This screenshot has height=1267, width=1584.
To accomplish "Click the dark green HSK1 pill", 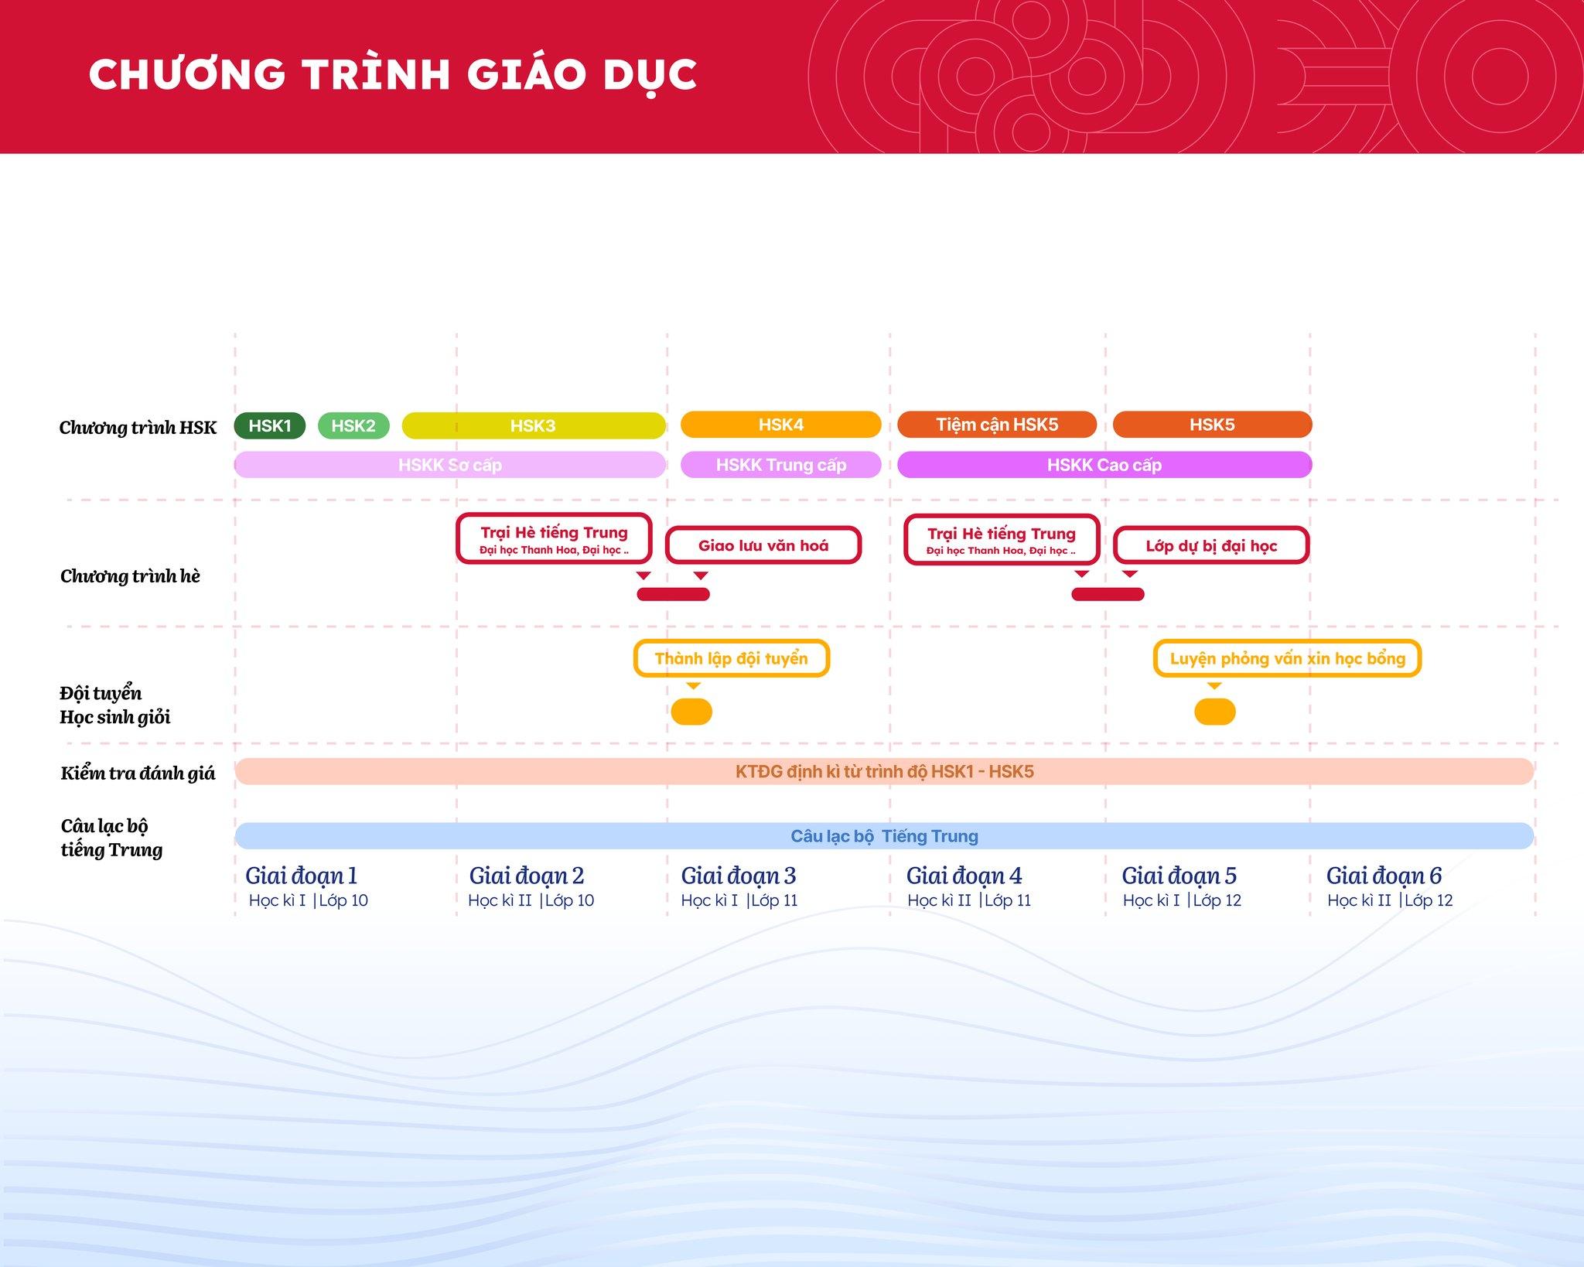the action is click(x=270, y=425).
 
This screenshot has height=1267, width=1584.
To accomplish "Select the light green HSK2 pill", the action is click(x=353, y=425).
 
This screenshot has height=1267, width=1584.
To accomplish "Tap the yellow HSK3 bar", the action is click(x=534, y=425).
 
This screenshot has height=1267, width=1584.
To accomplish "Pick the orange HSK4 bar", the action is click(x=781, y=425).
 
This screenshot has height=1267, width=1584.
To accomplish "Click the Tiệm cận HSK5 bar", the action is click(x=997, y=425).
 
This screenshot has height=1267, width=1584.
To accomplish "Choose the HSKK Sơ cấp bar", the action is click(x=450, y=465).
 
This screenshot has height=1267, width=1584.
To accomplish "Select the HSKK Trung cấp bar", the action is click(x=781, y=465).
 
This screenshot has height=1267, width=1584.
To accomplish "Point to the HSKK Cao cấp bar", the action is click(x=1104, y=465).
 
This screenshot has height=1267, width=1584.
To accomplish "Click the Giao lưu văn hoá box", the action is click(x=763, y=545).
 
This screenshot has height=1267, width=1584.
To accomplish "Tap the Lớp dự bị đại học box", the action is click(x=1211, y=545).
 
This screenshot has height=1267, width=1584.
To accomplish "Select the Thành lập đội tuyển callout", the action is click(x=732, y=658).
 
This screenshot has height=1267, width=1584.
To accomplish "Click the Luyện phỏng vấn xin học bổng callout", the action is click(x=1288, y=658).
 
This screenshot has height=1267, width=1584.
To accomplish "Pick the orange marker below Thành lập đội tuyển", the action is click(x=691, y=712).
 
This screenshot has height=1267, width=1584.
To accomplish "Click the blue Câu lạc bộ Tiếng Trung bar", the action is click(x=884, y=836).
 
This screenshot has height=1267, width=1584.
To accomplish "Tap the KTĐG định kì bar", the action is click(x=884, y=771).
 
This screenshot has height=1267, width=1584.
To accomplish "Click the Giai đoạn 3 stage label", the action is click(x=739, y=876).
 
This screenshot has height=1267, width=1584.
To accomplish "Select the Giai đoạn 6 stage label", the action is click(x=1384, y=876).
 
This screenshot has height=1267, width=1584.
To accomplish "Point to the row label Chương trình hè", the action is click(x=130, y=576).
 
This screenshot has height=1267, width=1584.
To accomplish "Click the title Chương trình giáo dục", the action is click(x=393, y=75).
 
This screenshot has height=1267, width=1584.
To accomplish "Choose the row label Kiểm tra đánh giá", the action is click(x=138, y=773).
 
